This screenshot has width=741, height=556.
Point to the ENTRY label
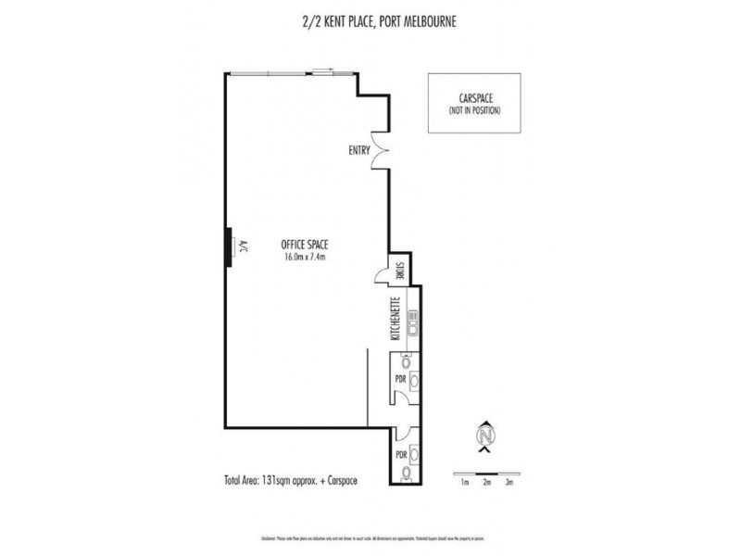360,150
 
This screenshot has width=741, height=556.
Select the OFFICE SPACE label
305,245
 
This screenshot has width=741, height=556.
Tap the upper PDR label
400,378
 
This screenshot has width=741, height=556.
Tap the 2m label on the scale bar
486,482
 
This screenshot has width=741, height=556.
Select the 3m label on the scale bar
508,482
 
